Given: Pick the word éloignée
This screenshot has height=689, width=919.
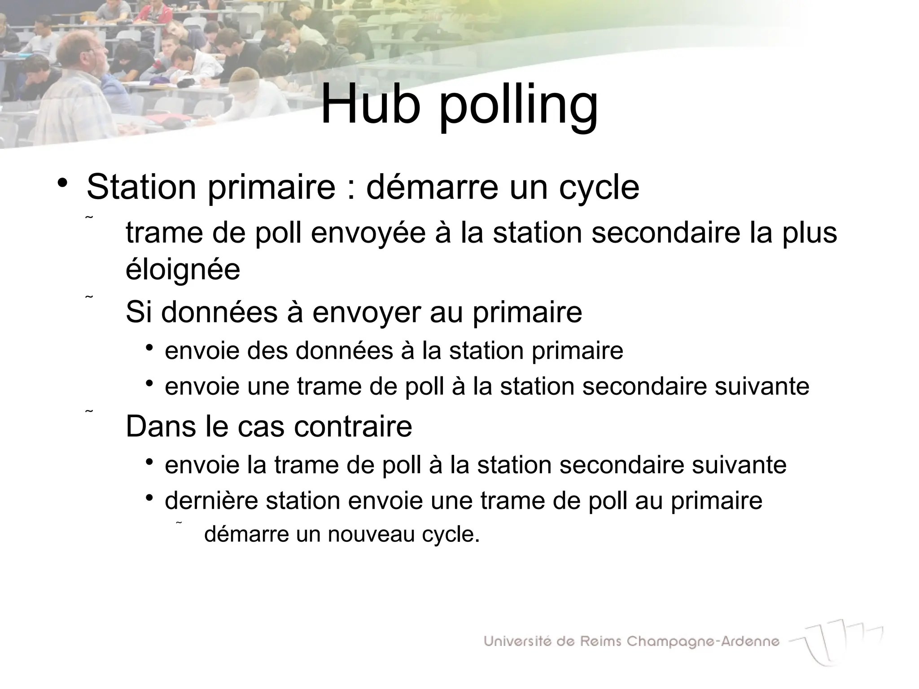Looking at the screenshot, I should tap(183, 270).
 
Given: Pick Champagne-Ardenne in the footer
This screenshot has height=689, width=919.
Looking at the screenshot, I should tap(703, 641).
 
